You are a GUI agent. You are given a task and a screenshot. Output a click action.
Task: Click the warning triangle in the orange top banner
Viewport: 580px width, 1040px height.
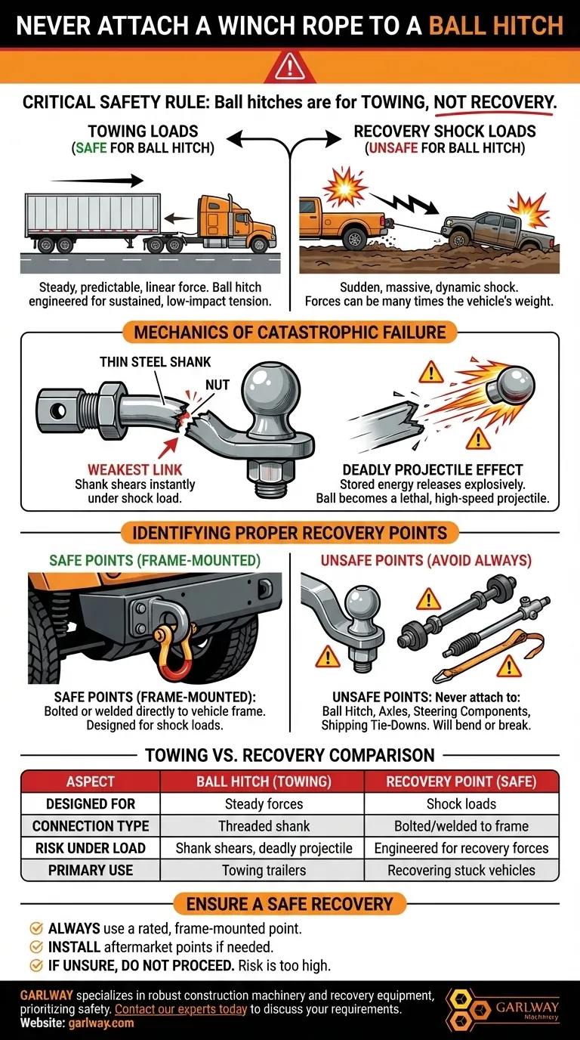point(289,67)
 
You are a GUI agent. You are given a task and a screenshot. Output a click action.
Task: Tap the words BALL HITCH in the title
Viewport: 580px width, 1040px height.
point(495,25)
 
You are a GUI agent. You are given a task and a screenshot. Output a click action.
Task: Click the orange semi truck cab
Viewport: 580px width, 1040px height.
point(236,223)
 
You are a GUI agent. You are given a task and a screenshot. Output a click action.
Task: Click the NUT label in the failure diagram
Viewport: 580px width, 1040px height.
point(217,385)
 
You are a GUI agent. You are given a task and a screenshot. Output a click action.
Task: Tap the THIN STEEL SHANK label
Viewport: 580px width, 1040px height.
point(155,362)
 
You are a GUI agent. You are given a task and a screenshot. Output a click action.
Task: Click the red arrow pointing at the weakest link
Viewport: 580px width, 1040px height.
point(168,447)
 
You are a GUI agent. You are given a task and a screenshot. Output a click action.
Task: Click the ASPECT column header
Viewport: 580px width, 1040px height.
point(90,782)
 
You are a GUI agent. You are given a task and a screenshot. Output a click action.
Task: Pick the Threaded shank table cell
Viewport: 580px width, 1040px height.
point(264,826)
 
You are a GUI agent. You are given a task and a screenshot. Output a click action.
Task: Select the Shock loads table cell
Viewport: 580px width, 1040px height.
point(461,803)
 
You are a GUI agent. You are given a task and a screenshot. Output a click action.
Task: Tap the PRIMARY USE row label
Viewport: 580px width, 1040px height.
point(91,870)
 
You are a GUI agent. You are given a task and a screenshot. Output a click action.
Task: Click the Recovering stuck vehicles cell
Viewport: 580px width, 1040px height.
point(461,870)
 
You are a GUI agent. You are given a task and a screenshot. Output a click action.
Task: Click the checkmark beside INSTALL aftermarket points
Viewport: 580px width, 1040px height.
point(36,947)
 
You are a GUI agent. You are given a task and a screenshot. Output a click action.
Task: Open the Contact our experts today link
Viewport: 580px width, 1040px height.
point(180,1009)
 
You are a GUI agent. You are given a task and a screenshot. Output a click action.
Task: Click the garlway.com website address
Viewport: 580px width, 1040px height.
point(100,1023)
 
